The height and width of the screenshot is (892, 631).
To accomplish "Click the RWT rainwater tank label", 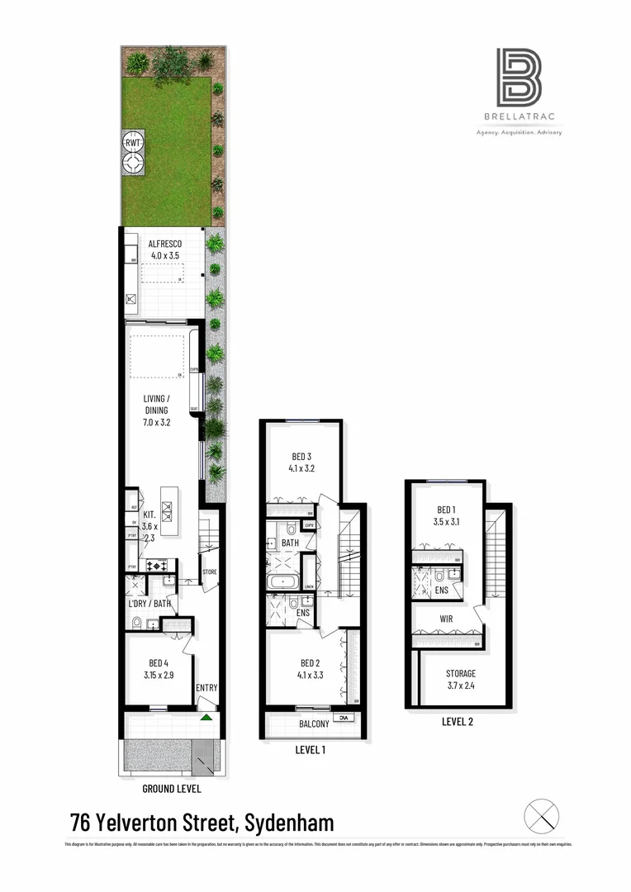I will tap(132, 143).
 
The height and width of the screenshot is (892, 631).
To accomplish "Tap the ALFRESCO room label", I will tap(164, 244).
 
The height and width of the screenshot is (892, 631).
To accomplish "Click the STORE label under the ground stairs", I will tap(211, 572).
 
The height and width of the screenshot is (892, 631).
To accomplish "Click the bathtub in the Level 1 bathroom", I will tap(286, 583).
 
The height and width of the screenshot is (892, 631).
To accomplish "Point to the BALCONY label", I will tap(308, 724).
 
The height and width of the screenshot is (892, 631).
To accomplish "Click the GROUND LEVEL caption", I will tap(171, 789).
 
